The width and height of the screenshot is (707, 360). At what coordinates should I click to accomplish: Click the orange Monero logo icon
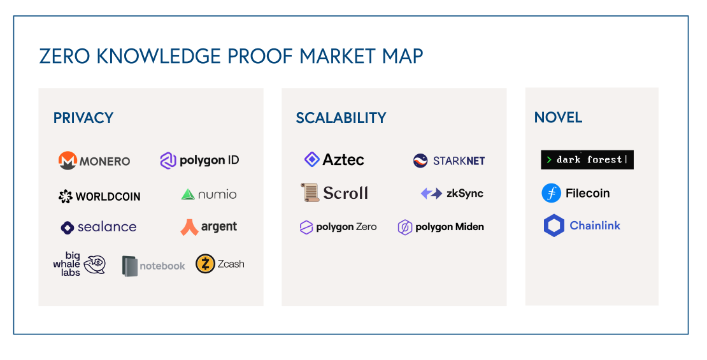click(x=68, y=161)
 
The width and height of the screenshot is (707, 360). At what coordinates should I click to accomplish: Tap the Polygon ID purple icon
click(x=168, y=161)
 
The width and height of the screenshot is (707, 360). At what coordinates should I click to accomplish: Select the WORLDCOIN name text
click(x=108, y=197)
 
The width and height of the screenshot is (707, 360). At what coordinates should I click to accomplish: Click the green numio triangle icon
click(x=188, y=194)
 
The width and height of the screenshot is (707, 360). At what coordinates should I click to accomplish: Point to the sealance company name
click(x=107, y=227)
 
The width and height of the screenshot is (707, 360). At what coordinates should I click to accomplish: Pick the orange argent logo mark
click(x=189, y=227)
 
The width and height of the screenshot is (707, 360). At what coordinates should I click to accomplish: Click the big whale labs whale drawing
click(x=96, y=263)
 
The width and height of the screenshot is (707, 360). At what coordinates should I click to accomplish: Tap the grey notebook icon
click(x=130, y=266)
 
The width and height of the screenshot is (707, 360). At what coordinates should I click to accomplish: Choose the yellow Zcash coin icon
click(x=205, y=264)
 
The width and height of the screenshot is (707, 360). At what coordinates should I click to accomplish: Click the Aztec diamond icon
click(x=311, y=159)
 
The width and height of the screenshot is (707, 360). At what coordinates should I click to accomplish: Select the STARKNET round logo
click(x=420, y=161)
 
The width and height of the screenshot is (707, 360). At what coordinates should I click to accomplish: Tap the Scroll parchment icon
click(x=310, y=192)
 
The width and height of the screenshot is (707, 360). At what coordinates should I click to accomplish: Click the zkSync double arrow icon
click(x=431, y=193)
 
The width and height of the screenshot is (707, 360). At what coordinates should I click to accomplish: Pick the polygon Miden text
click(x=450, y=227)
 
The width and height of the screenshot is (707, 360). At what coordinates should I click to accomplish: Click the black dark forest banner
click(x=587, y=160)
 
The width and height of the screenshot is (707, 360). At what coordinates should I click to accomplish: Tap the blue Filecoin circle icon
click(x=551, y=193)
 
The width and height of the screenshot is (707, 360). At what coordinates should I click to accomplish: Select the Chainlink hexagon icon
click(x=554, y=226)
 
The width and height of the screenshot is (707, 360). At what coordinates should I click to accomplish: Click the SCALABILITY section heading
click(x=341, y=118)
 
